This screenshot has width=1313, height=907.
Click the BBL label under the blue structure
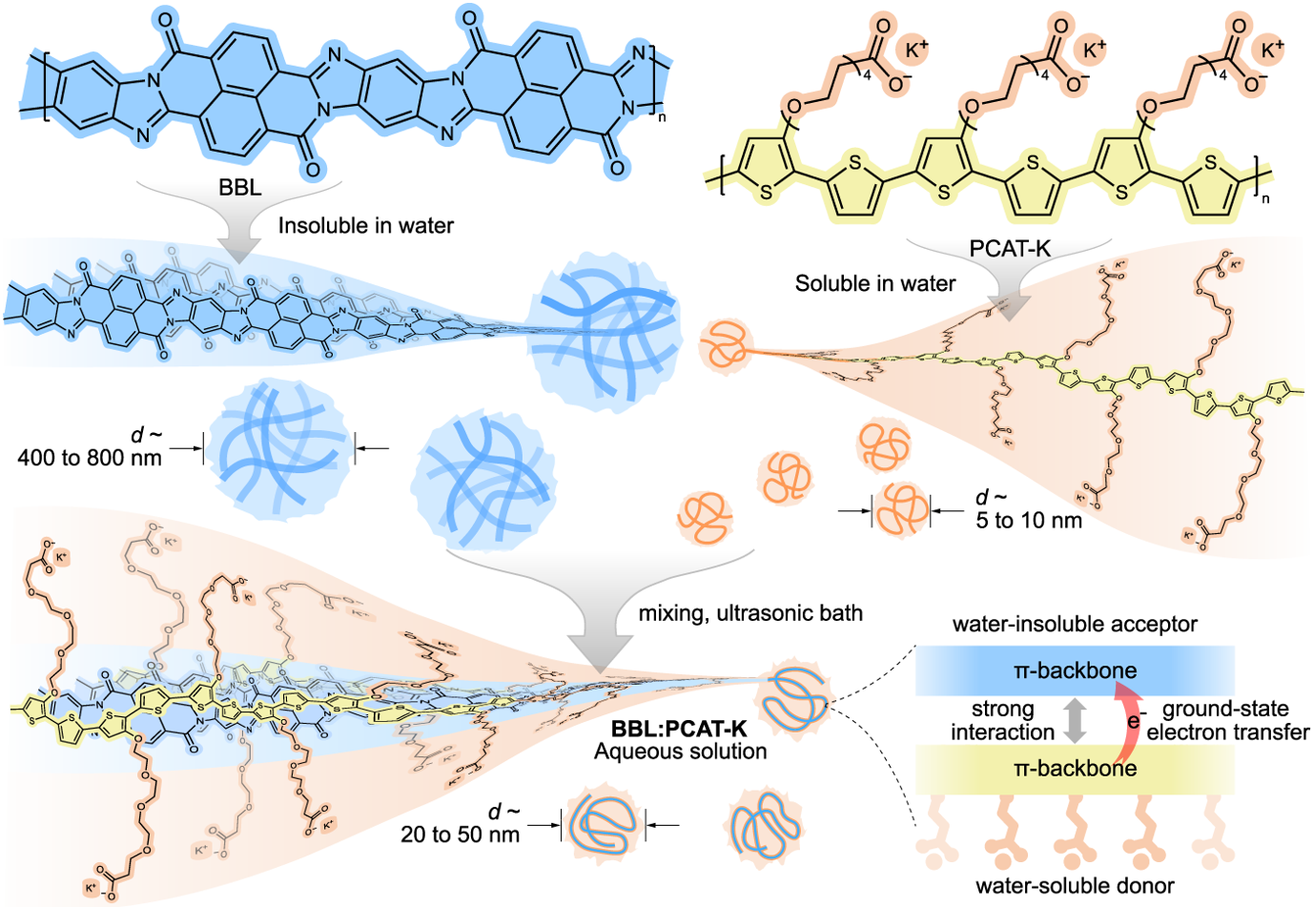click(239, 187)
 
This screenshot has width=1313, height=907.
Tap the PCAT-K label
click(1010, 249)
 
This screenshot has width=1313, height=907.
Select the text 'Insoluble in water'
click(365, 226)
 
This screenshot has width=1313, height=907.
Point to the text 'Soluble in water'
click(874, 283)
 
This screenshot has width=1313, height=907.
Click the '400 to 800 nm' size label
click(90, 458)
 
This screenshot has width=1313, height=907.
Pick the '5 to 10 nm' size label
click(1029, 521)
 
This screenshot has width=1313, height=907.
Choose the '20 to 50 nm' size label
click(460, 835)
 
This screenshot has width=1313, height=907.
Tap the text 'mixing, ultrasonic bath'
click(750, 613)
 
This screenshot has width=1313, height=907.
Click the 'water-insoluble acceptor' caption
click(1075, 625)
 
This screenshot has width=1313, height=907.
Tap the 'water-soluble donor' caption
click(1075, 886)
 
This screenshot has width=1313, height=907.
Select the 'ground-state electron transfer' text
click(1227, 721)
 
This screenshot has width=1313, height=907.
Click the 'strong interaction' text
click(1002, 721)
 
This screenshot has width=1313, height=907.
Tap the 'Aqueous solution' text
click(680, 752)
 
